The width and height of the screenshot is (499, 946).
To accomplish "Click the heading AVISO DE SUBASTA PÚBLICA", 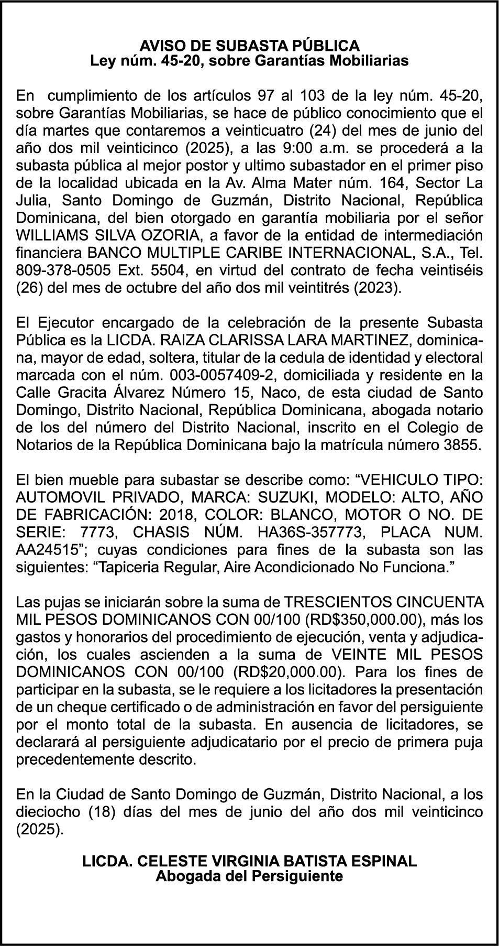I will click(249, 45).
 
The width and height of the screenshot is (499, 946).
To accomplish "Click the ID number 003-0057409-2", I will click(215, 375).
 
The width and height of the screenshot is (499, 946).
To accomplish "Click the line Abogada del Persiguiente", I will click(249, 876).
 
